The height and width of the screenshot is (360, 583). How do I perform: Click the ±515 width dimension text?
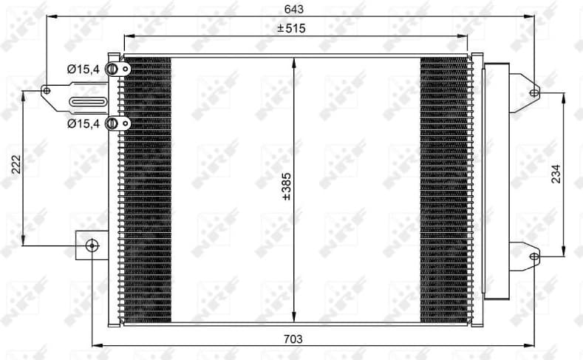click(x=291, y=28)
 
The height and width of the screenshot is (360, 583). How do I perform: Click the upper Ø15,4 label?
click(x=83, y=69)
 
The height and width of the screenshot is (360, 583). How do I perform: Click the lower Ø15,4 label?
click(x=83, y=123)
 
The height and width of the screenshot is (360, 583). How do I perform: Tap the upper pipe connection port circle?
click(x=112, y=69)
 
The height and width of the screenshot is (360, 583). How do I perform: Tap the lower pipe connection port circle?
click(x=112, y=123)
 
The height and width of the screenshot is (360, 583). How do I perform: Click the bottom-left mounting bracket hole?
click(x=91, y=245)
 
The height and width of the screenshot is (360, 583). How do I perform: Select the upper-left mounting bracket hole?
click(x=47, y=91)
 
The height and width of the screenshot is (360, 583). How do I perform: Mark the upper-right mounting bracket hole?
click(x=534, y=92)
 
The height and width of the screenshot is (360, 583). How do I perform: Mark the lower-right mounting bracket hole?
click(x=534, y=256)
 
